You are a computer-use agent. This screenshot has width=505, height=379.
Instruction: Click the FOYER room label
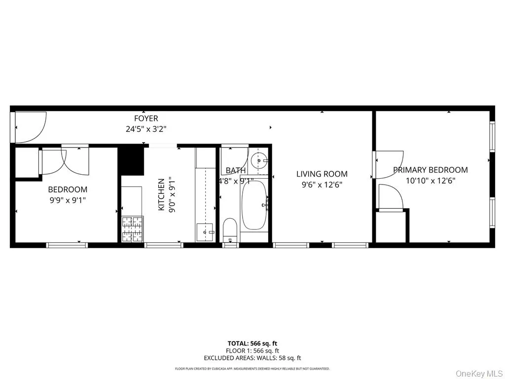(146, 118)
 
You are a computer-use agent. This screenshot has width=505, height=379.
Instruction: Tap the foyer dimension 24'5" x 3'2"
(146, 130)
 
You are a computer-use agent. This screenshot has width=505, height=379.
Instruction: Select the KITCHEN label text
(161, 194)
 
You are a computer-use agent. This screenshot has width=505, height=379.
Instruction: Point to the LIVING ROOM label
(322, 174)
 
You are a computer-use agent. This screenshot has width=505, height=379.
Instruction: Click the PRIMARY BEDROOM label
(430, 170)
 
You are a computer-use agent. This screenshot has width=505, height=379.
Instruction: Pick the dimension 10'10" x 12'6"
(430, 181)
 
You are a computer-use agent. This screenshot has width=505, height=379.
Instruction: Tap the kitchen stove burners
(132, 229)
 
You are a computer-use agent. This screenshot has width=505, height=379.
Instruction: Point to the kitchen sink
(205, 232)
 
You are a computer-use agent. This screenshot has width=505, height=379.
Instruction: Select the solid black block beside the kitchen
(131, 161)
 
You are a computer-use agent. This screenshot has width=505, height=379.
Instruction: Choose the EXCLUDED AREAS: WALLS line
(252, 358)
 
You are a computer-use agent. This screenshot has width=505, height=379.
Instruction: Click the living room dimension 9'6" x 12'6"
(322, 185)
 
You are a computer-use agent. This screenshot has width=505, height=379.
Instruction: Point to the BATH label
(235, 170)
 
